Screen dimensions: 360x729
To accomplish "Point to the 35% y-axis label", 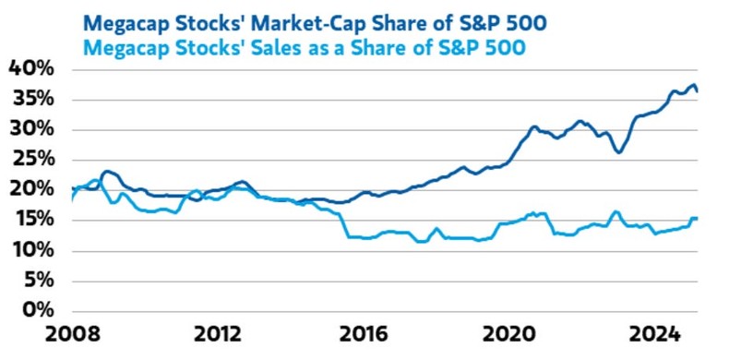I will (x=31, y=99).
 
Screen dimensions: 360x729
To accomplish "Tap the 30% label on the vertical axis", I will (x=31, y=129).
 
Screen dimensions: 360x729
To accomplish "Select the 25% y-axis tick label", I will (x=31, y=160).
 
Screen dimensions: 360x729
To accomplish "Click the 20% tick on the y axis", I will (x=31, y=189).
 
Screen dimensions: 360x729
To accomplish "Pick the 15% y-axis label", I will (x=31, y=220).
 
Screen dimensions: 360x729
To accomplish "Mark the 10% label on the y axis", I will (x=31, y=250).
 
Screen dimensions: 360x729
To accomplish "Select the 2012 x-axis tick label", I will (x=219, y=334).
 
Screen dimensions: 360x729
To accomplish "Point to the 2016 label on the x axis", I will (x=364, y=334).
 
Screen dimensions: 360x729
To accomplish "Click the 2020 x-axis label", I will (x=510, y=334).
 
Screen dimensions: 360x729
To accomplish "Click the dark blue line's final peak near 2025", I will (x=692, y=85).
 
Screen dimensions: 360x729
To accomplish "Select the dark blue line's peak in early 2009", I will (x=107, y=171).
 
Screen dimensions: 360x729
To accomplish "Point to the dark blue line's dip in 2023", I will (x=617, y=151).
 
